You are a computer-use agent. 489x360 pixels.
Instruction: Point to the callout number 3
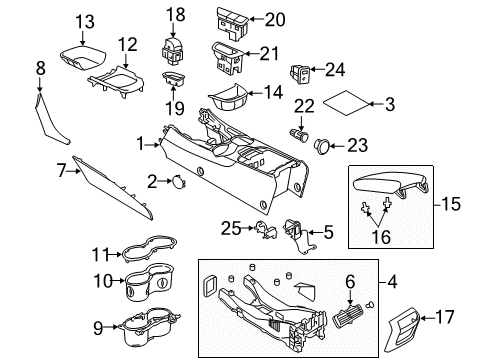(391, 103)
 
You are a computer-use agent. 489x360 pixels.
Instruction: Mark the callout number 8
(41, 67)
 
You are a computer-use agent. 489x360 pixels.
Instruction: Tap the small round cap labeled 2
(176, 181)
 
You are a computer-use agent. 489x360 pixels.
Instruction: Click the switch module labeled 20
(227, 19)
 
